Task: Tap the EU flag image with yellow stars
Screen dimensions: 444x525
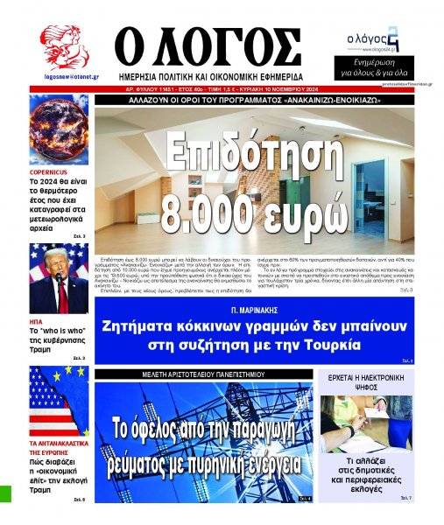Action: [x=58, y=402]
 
